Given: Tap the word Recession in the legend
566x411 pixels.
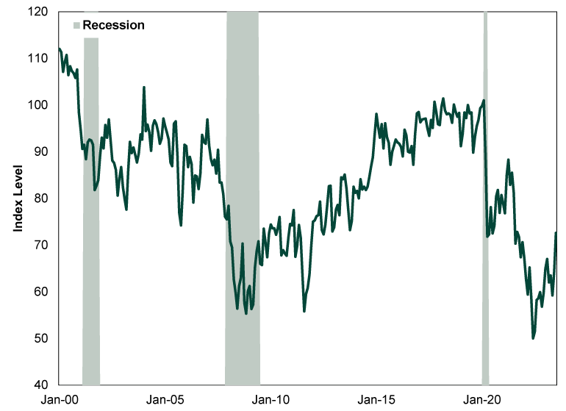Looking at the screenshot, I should tap(113, 25).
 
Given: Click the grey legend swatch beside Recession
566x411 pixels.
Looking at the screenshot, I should tap(76, 25).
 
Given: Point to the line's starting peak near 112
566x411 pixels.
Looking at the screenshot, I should tap(59, 49).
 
